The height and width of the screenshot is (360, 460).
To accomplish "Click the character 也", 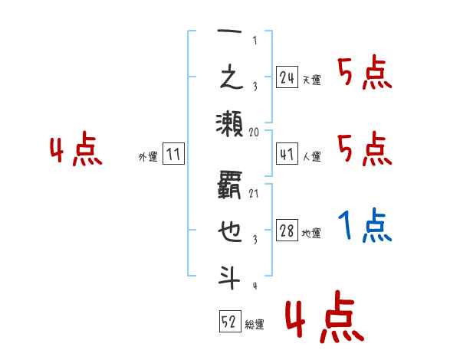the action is pyautogui.click(x=229, y=231).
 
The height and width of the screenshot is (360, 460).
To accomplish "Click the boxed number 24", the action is pyautogui.click(x=287, y=77).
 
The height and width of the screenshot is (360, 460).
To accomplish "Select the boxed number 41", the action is pyautogui.click(x=287, y=154).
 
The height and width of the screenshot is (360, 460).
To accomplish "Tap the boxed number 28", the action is pyautogui.click(x=287, y=231).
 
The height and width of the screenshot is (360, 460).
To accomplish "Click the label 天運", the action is pyautogui.click(x=311, y=80).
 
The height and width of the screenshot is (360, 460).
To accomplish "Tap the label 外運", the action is pyautogui.click(x=148, y=157).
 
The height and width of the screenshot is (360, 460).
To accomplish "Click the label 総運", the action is pyautogui.click(x=255, y=325).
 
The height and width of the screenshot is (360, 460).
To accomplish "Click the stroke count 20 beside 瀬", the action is pyautogui.click(x=255, y=132).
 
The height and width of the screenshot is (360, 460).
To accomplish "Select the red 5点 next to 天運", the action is pyautogui.click(x=364, y=74).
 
